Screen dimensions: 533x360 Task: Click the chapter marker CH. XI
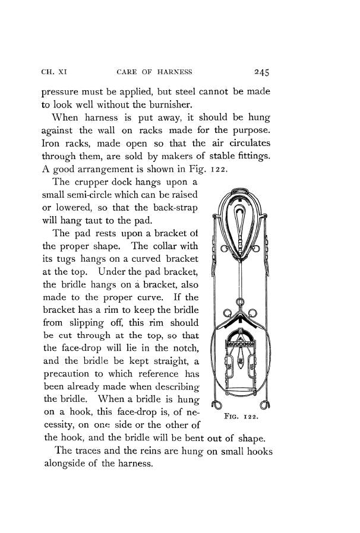[55, 73]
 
